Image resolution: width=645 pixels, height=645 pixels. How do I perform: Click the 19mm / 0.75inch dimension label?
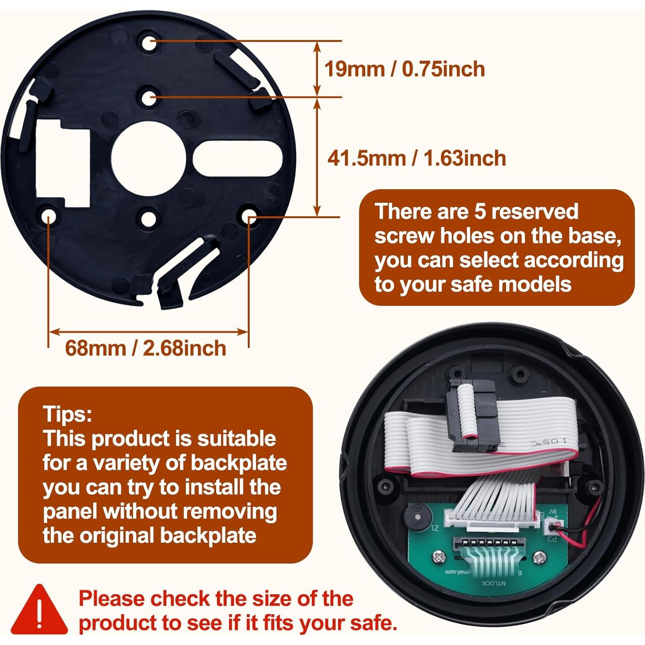click(404, 69)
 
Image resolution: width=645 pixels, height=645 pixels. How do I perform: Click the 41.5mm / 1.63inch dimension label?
click(416, 158)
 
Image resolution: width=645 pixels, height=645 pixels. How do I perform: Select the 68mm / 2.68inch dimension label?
click(146, 348)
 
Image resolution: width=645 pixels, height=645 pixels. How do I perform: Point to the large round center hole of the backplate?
click(149, 159)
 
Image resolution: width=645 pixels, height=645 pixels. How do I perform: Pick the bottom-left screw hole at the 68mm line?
click(49, 216)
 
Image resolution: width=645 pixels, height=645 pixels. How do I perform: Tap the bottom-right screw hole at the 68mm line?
click(250, 216)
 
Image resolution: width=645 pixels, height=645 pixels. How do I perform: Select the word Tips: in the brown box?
click(68, 414)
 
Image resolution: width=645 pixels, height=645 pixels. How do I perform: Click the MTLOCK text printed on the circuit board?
click(494, 583)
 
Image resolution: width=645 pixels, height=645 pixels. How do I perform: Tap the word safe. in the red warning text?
click(374, 623)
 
